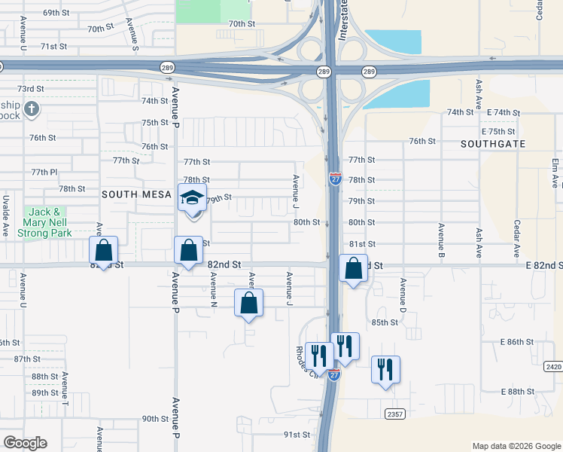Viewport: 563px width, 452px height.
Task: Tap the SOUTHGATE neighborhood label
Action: pos(492,143)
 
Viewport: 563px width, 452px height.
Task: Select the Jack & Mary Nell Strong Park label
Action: pos(47,222)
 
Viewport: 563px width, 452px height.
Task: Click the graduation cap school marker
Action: pos(191,200)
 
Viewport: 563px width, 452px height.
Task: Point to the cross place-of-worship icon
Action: pos(31,110)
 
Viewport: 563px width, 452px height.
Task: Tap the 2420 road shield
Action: pos(552,366)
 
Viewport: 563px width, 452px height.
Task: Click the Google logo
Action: pos(25,443)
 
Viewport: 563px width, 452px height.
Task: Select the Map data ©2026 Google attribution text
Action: pos(516,446)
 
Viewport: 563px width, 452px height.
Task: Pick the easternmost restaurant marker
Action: pos(385,370)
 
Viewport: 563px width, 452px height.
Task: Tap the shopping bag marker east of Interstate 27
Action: pos(353,268)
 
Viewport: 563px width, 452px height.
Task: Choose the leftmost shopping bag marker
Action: pos(104,250)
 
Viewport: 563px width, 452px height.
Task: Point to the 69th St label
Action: pos(56,14)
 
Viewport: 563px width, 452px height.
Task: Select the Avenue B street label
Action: pos(441,240)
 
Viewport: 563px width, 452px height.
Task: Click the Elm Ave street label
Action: pos(555,173)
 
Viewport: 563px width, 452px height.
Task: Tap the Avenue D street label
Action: pos(403,295)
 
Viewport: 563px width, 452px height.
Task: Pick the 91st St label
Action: pos(297,435)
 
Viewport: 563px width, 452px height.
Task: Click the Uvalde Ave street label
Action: pos(6,216)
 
